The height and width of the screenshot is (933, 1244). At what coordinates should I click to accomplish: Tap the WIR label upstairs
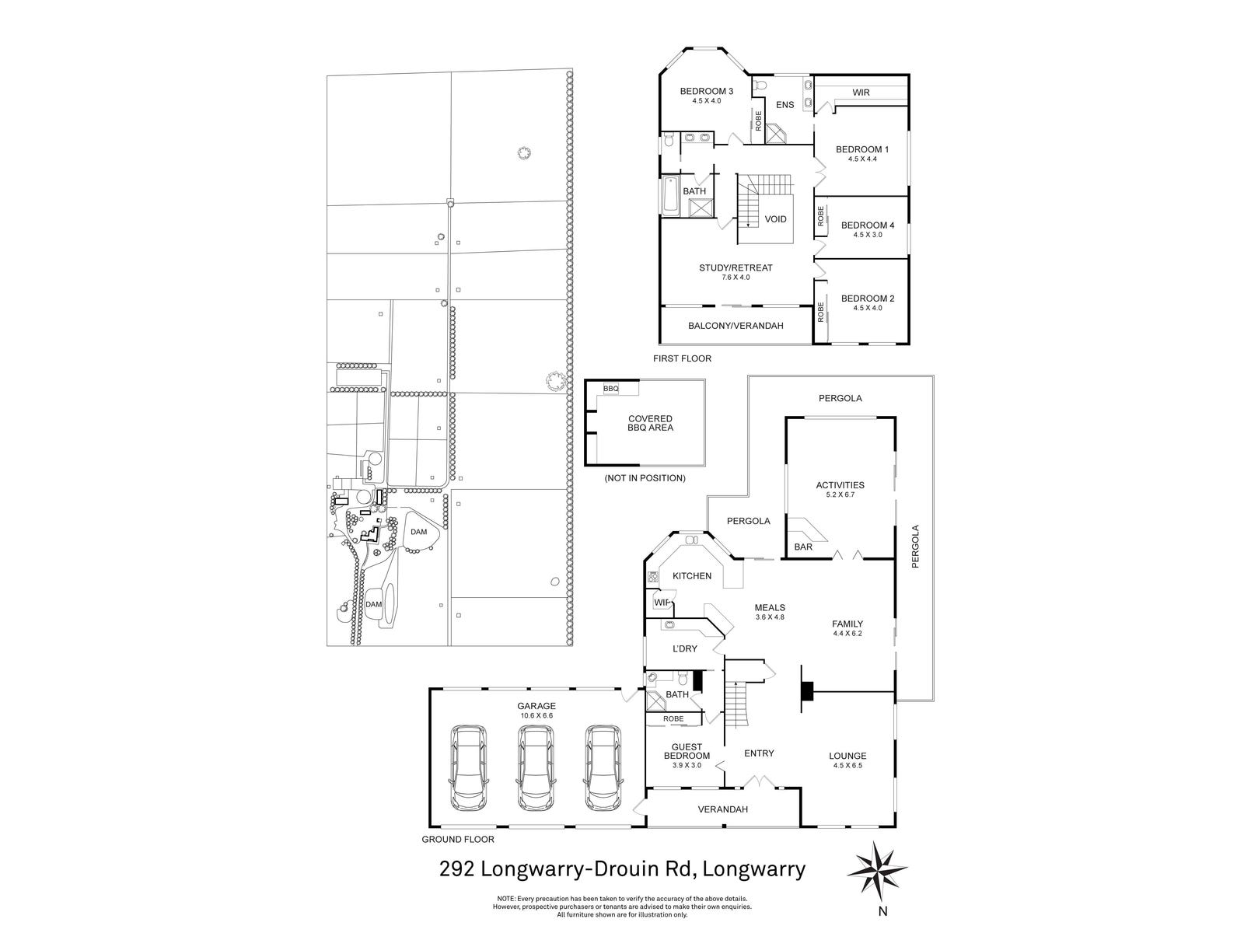tap(861, 93)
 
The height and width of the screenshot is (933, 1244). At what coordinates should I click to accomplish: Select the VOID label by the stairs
tap(775, 219)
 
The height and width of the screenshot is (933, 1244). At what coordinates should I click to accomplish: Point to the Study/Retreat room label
tap(736, 268)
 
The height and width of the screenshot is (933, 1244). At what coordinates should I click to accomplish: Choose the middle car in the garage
tap(536, 767)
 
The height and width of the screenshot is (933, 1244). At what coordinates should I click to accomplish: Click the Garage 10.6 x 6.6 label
tap(536, 707)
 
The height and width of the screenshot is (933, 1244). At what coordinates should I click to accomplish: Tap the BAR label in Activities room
tap(803, 547)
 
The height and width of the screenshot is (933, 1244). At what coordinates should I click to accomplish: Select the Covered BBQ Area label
tap(650, 423)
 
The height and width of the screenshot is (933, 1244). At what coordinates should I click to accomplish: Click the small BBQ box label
tap(611, 388)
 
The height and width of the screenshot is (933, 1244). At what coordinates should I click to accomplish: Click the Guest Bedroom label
tap(687, 751)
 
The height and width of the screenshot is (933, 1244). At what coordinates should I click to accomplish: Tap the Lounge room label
tap(847, 756)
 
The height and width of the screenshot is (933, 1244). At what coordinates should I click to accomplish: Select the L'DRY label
tap(685, 648)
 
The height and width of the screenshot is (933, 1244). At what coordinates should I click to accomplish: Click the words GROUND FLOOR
tap(457, 839)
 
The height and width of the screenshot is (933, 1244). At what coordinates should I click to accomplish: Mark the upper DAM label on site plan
tap(419, 532)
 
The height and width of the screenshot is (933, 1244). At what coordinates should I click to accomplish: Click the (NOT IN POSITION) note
tap(645, 478)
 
